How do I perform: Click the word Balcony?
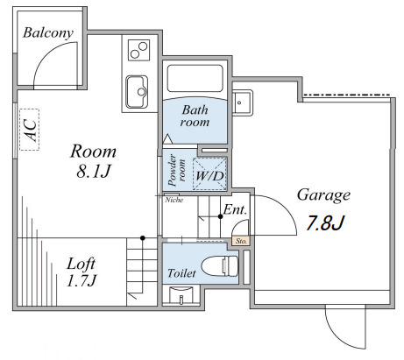[48, 32]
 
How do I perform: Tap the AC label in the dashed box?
[30, 130]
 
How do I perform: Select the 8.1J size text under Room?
[94, 172]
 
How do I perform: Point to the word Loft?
[81, 264]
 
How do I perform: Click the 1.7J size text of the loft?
[82, 281]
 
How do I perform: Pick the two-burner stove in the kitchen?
[138, 50]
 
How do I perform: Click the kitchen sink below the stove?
[137, 92]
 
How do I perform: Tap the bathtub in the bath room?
[195, 78]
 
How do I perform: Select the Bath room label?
[195, 116]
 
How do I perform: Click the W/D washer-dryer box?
[210, 173]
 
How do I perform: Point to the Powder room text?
[177, 171]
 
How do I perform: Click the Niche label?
[174, 200]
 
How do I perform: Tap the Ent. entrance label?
[235, 209]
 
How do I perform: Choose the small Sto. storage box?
[241, 241]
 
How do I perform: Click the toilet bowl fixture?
[220, 266]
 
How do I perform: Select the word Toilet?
[181, 273]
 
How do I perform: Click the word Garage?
[323, 195]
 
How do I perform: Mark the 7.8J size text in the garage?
[326, 223]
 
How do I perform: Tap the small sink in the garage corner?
[242, 102]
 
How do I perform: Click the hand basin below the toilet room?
[181, 295]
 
